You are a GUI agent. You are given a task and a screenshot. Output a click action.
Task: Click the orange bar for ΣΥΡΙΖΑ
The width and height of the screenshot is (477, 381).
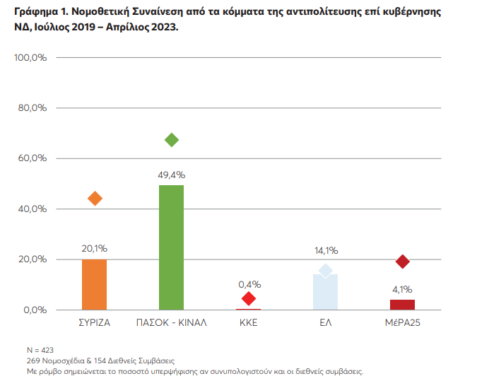[95, 285]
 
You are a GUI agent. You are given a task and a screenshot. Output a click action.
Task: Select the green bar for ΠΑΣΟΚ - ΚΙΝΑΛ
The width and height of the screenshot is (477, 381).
[171, 247]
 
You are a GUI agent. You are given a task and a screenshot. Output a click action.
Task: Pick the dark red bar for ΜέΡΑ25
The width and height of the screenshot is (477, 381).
[402, 305]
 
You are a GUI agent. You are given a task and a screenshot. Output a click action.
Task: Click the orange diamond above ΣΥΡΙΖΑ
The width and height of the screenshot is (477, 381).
[95, 199]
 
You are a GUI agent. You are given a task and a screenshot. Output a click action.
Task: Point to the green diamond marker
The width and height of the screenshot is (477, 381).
[171, 140]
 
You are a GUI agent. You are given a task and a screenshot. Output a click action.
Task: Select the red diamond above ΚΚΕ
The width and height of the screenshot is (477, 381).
[249, 299]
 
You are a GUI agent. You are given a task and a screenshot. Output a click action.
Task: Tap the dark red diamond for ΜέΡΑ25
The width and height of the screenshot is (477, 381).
[403, 262]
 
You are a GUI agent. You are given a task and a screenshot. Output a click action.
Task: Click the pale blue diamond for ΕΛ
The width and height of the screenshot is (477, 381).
[325, 271]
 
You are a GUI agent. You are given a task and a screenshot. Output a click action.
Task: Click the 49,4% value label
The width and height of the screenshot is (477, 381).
[171, 174]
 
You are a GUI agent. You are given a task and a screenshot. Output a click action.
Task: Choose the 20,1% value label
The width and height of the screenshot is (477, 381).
[95, 249]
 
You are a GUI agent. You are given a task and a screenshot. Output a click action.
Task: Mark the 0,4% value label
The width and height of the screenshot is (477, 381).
[249, 284]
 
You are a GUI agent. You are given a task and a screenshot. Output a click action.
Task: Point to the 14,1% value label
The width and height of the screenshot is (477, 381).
[326, 250]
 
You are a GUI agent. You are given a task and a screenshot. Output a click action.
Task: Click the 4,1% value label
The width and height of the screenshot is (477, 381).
[402, 289]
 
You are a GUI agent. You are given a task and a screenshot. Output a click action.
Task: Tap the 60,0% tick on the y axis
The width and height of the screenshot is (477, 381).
[32, 158]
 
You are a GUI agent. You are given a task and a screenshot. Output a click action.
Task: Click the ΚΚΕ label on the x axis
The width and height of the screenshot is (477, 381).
[249, 323]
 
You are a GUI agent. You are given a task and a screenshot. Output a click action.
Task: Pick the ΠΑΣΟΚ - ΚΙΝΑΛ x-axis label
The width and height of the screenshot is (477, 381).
[171, 323]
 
